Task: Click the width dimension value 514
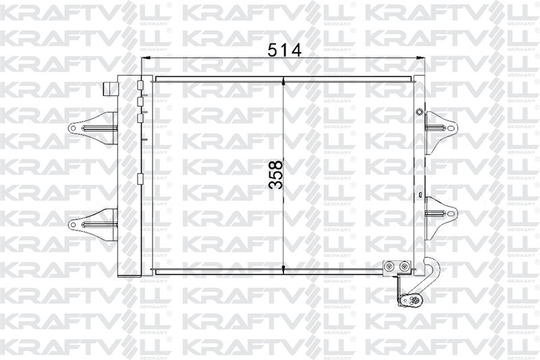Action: (x=284, y=50)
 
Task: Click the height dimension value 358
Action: (x=275, y=174)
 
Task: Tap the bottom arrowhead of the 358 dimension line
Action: (x=283, y=270)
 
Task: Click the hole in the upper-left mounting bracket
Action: (x=73, y=128)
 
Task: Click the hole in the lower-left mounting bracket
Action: (x=73, y=225)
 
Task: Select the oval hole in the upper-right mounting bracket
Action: (x=452, y=128)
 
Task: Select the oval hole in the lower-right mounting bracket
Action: (x=452, y=213)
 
